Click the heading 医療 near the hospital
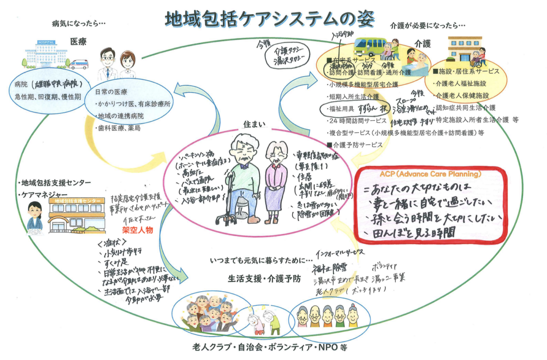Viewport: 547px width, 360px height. pyautogui.click(x=78, y=42)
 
